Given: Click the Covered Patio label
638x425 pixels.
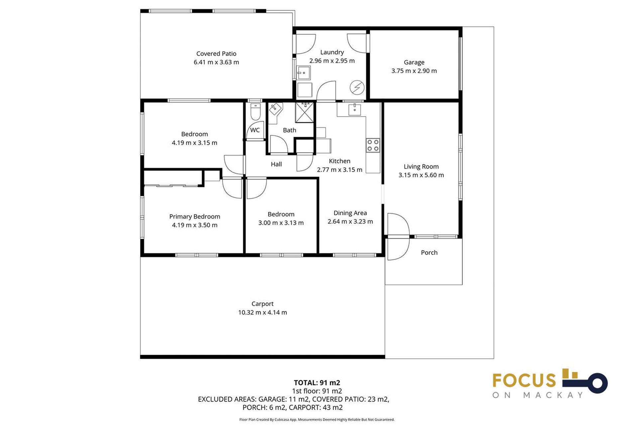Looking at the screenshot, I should (x=216, y=54).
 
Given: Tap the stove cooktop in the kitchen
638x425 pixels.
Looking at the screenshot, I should (x=373, y=145).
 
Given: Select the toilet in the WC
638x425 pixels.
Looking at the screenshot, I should (x=255, y=112).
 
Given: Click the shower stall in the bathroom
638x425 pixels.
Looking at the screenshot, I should (x=304, y=113).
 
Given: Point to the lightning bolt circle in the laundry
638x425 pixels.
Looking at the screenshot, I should (x=357, y=88).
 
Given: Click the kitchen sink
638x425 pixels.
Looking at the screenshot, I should (x=355, y=109).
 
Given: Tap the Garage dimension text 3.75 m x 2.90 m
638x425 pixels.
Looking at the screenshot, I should (x=414, y=71).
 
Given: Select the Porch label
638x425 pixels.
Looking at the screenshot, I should (x=429, y=253).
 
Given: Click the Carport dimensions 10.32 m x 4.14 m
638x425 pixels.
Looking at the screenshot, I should (x=262, y=312).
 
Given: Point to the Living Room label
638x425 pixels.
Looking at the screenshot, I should (x=421, y=167).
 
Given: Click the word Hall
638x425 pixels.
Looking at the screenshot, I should (x=276, y=164).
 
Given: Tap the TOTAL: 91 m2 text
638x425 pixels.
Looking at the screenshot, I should (x=317, y=382).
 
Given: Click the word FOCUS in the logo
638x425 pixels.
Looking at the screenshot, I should (x=524, y=381).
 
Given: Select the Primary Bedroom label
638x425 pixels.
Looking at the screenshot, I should (x=194, y=216).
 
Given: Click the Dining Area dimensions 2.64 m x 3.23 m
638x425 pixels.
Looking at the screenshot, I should (x=350, y=221).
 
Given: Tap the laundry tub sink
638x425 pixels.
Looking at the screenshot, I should (x=303, y=73).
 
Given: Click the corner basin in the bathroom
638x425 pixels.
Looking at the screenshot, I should (x=274, y=109).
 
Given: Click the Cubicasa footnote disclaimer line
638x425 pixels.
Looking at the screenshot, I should (x=317, y=420).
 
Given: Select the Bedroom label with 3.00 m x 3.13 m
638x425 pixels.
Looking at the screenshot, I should (x=281, y=214).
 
